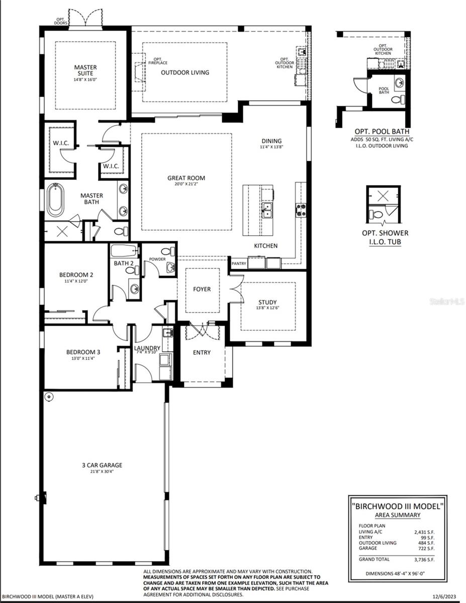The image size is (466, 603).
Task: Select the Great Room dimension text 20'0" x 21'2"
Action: point(186,184)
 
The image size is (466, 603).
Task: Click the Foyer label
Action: point(202,289)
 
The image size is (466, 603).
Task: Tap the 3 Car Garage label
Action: point(102,465)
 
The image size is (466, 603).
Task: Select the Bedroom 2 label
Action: point(76,275)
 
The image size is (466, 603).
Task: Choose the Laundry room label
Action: point(147,348)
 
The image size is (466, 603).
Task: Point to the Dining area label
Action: point(271,141)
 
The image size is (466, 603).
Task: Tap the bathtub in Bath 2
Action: point(124,250)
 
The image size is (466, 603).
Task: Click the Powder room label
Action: point(157,259)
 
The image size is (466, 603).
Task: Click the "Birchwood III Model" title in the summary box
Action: point(397,506)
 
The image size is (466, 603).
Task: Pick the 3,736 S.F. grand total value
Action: point(427,559)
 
